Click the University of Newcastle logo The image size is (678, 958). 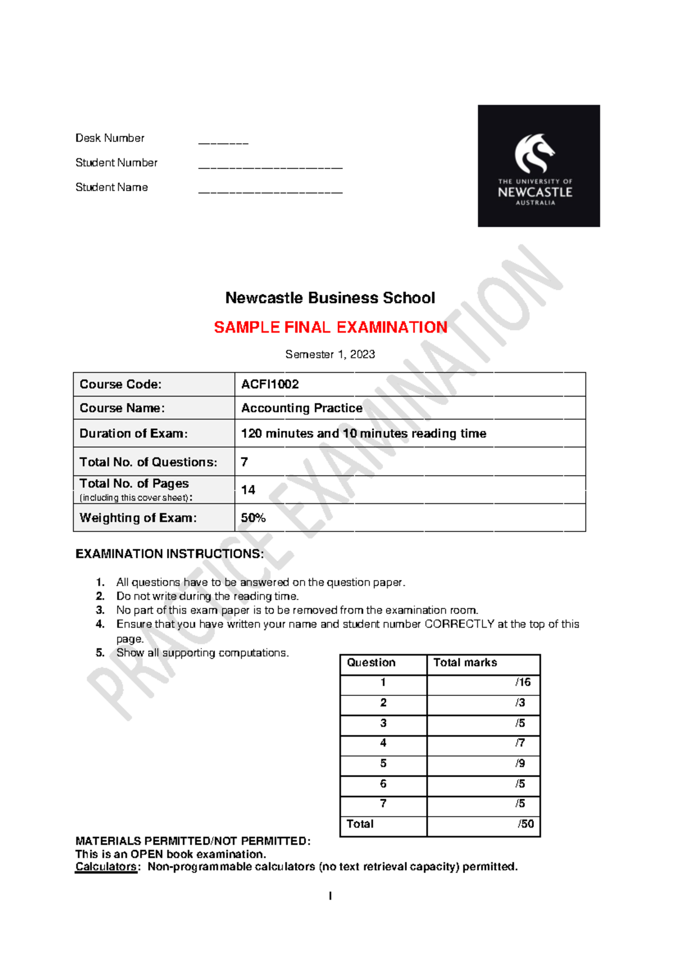[538, 166]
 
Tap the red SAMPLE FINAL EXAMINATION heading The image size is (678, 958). [331, 327]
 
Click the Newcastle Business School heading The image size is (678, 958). [330, 298]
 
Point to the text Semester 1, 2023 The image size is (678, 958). [330, 354]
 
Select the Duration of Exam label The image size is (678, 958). [133, 433]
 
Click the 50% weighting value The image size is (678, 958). [253, 517]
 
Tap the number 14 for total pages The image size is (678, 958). [248, 490]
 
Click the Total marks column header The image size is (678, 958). [465, 663]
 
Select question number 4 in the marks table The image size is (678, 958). [383, 743]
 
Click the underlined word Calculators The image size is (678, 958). [106, 866]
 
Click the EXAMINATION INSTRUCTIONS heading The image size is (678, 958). [169, 554]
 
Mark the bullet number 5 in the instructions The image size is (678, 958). [100, 652]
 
